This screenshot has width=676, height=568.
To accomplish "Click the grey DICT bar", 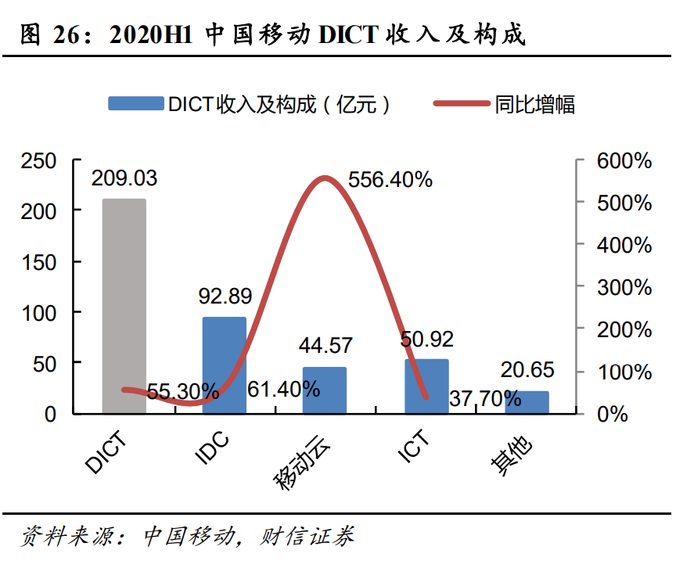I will [124, 305].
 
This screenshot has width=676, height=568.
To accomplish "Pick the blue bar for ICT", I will [426, 386].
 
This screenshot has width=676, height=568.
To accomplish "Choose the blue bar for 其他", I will [526, 402].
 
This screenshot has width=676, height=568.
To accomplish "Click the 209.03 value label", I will [124, 178].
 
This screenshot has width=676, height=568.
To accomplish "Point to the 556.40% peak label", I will [390, 180].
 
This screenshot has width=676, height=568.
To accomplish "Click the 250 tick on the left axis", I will [39, 161].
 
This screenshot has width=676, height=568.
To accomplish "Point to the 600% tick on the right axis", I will [624, 161].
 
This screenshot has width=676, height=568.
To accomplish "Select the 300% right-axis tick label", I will [624, 287].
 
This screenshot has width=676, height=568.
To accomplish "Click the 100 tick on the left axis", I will [39, 312].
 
